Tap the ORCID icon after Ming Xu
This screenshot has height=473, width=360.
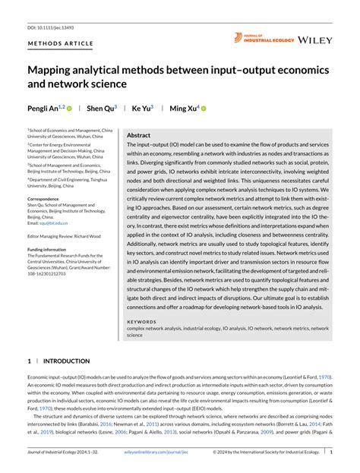204,109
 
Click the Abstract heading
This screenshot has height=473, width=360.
138,135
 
